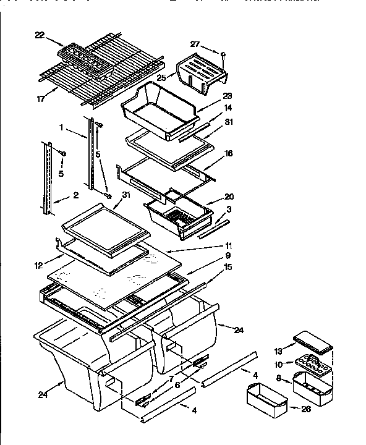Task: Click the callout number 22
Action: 40,36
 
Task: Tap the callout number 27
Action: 196,44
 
